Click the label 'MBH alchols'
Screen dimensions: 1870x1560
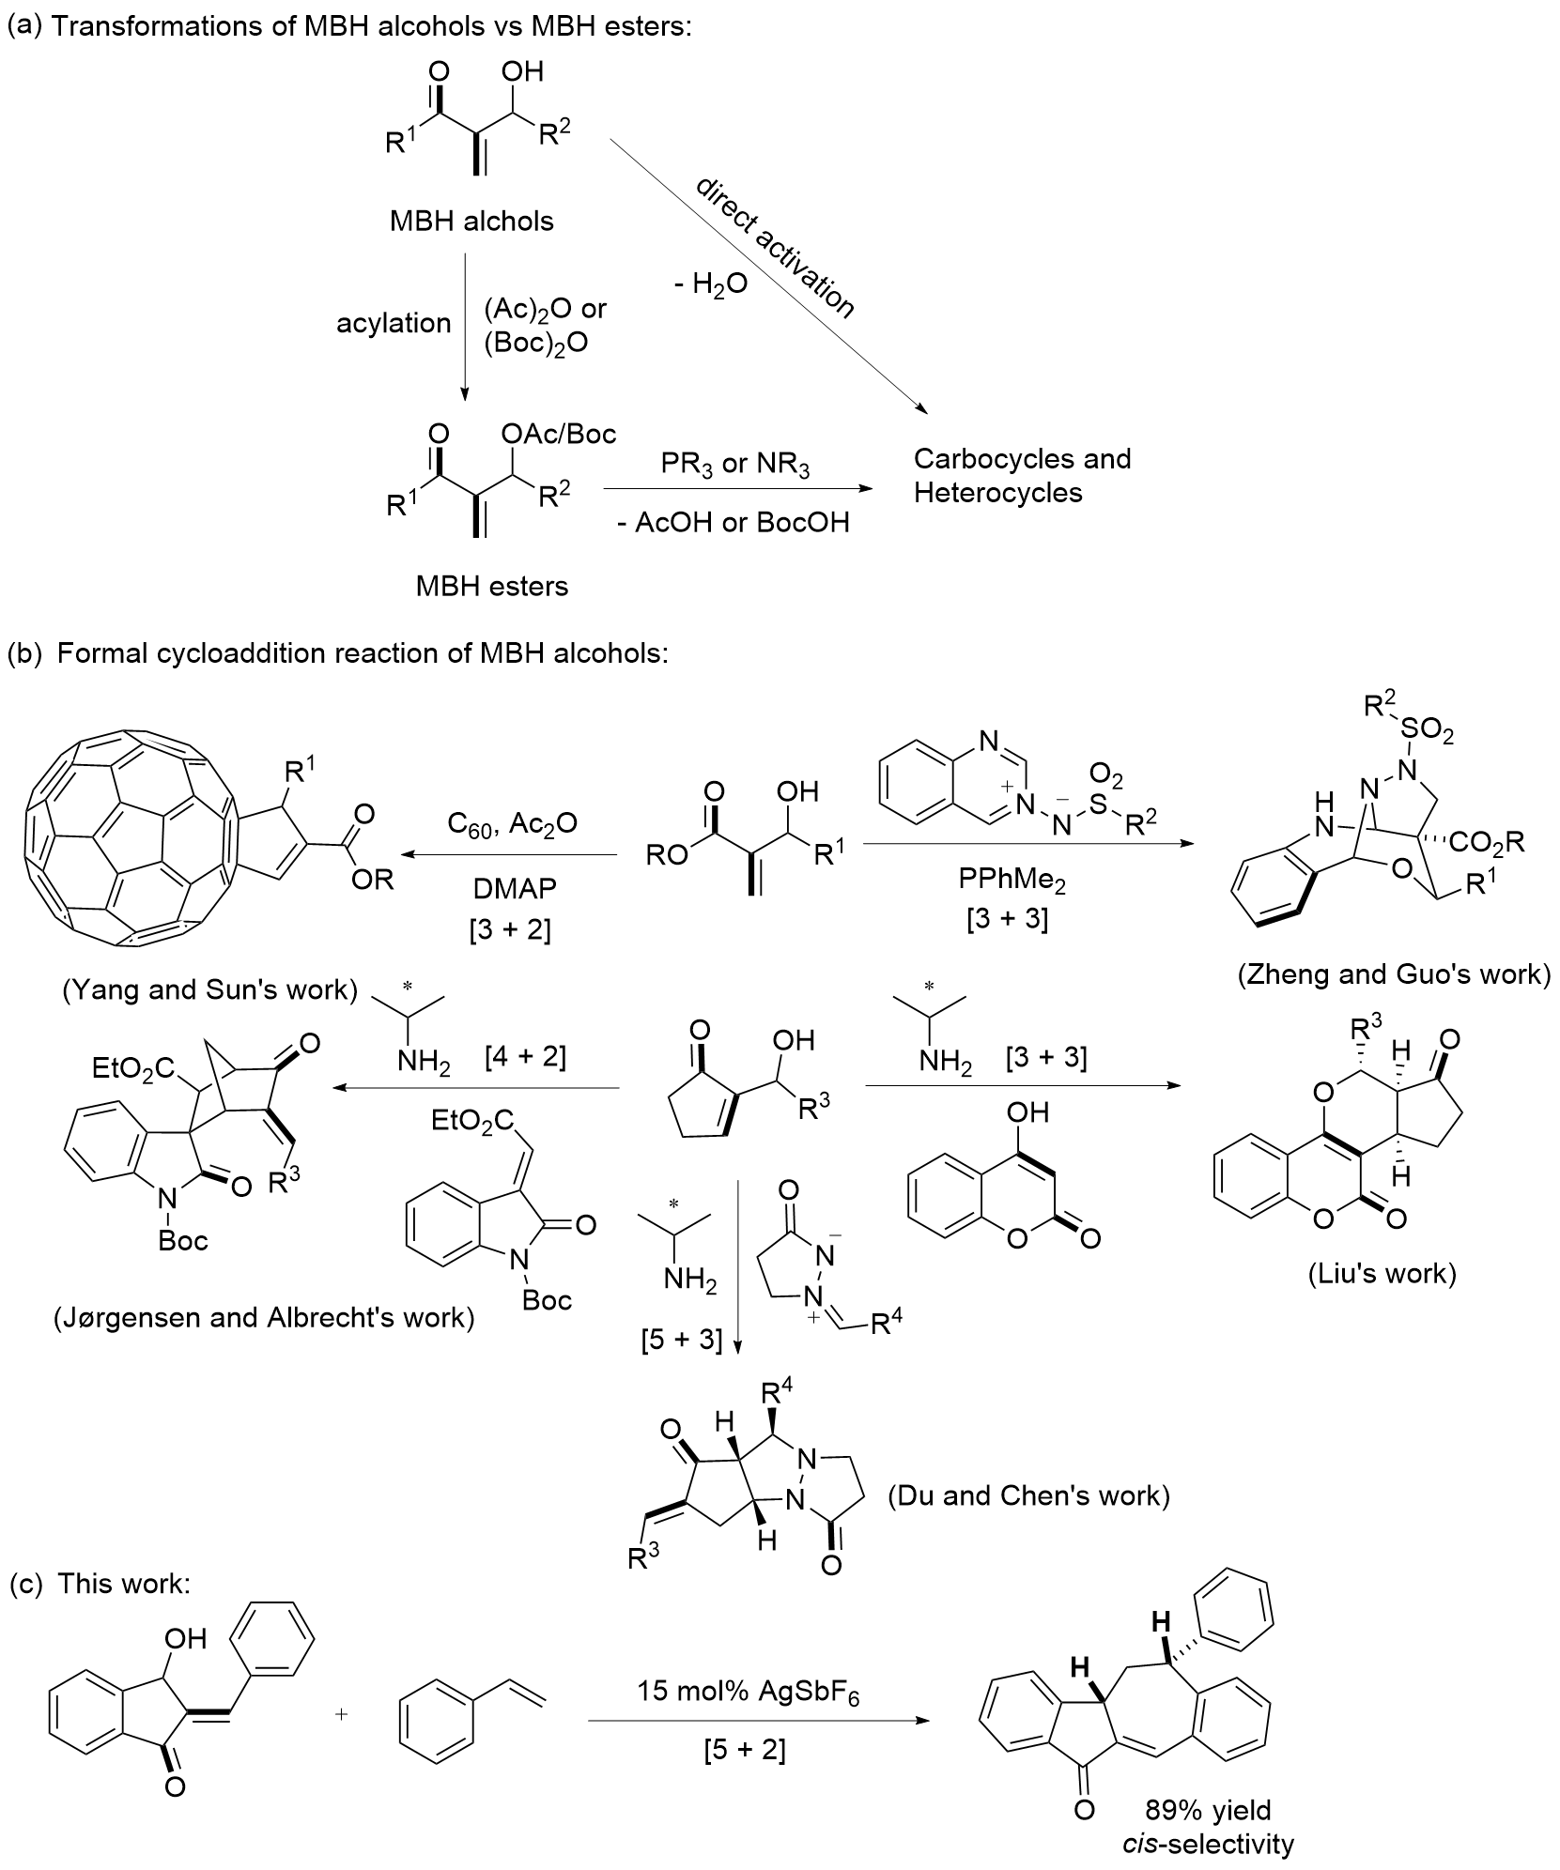[471, 222]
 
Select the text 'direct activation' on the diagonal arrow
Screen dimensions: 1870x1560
[775, 247]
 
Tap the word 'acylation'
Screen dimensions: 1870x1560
[394, 323]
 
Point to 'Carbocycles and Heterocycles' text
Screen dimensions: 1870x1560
[1022, 475]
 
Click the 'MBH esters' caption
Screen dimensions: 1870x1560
[492, 587]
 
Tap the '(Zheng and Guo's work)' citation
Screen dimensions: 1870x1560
[1393, 974]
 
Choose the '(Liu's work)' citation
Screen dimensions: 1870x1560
[1382, 1274]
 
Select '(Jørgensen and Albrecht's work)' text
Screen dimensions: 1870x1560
[264, 1317]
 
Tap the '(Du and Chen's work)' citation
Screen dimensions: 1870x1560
[1028, 1495]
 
